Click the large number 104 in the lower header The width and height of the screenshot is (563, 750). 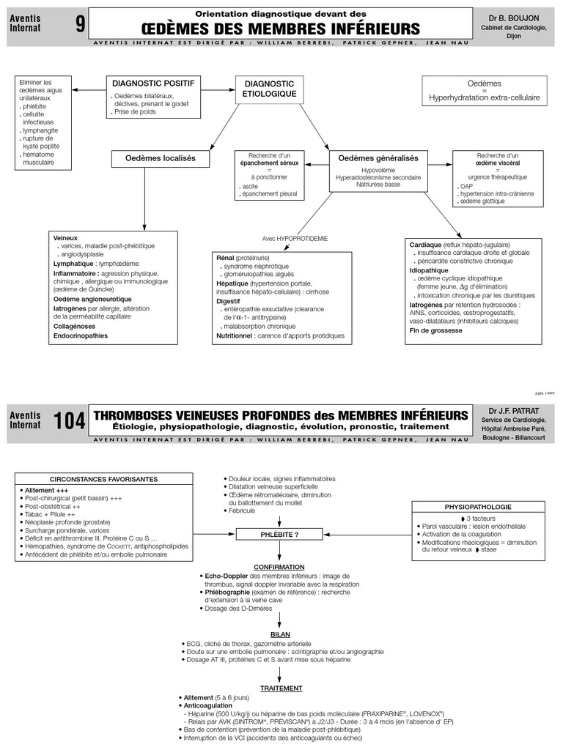69,421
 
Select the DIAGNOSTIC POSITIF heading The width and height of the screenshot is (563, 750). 152,83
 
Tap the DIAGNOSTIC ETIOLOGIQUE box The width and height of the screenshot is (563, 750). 269,89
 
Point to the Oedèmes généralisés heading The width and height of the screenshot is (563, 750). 378,158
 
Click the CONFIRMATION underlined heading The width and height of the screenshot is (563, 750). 279,568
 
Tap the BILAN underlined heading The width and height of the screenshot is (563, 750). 280,634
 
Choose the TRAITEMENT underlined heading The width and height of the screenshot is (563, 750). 280,688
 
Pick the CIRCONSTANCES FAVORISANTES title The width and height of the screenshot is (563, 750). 103,479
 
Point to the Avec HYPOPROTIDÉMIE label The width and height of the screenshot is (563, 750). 295,239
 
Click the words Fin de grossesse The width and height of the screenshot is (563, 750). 435,330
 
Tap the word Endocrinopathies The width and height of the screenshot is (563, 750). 80,336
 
